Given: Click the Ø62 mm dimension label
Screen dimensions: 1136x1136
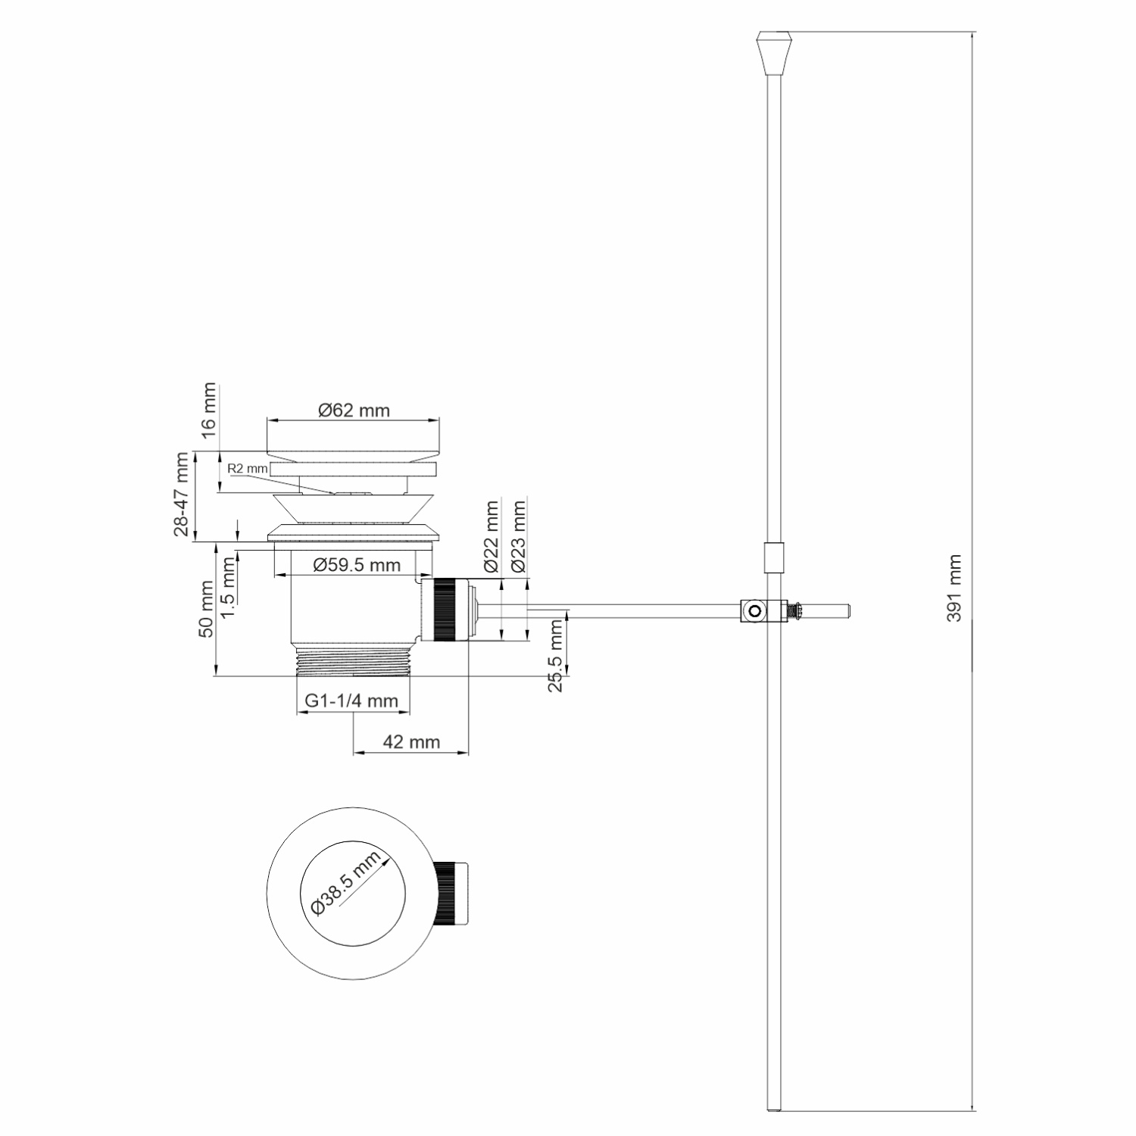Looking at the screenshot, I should [x=354, y=410].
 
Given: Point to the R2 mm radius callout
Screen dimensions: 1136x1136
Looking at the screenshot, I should [x=248, y=469].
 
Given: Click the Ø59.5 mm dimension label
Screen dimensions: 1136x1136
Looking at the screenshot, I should [x=356, y=565].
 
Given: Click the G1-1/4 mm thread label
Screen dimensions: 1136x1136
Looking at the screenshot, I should [x=351, y=701].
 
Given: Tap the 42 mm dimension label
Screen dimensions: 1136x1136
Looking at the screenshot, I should [x=411, y=742].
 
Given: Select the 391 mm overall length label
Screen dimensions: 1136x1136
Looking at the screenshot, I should [x=955, y=588].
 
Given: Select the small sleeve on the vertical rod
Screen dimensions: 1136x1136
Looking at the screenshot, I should [x=772, y=559].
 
